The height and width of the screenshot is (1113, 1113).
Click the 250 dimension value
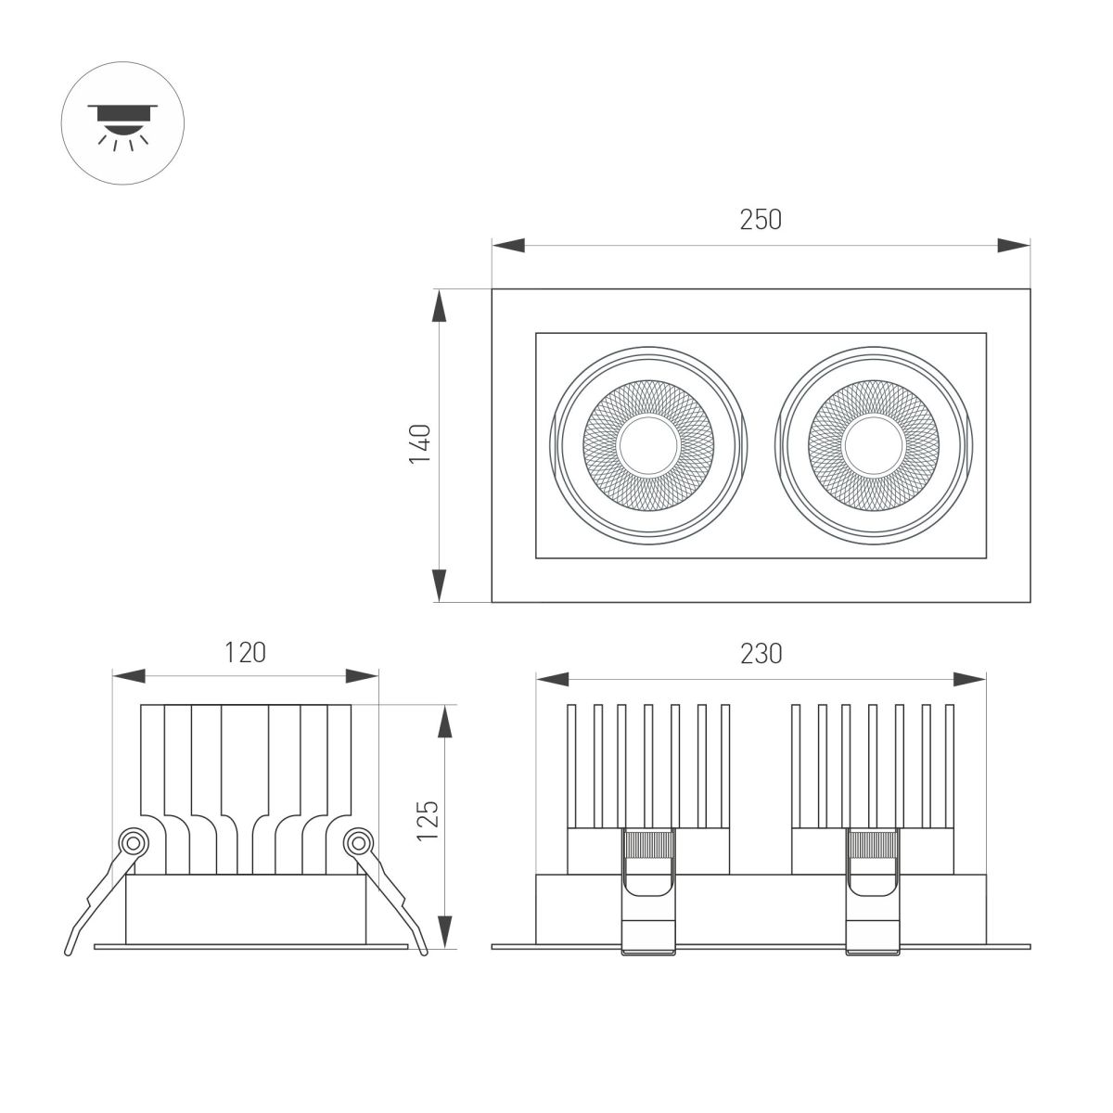point(761,220)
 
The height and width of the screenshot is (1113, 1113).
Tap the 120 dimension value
point(245,652)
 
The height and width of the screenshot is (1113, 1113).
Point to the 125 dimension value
point(427,820)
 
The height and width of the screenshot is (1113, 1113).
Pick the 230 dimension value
point(761,653)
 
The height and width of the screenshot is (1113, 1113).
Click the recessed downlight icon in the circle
point(122,123)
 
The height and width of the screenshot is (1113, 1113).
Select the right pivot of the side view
point(357,842)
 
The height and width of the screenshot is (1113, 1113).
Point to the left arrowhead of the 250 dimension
point(508,246)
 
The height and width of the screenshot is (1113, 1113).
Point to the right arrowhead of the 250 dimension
point(1013,246)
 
